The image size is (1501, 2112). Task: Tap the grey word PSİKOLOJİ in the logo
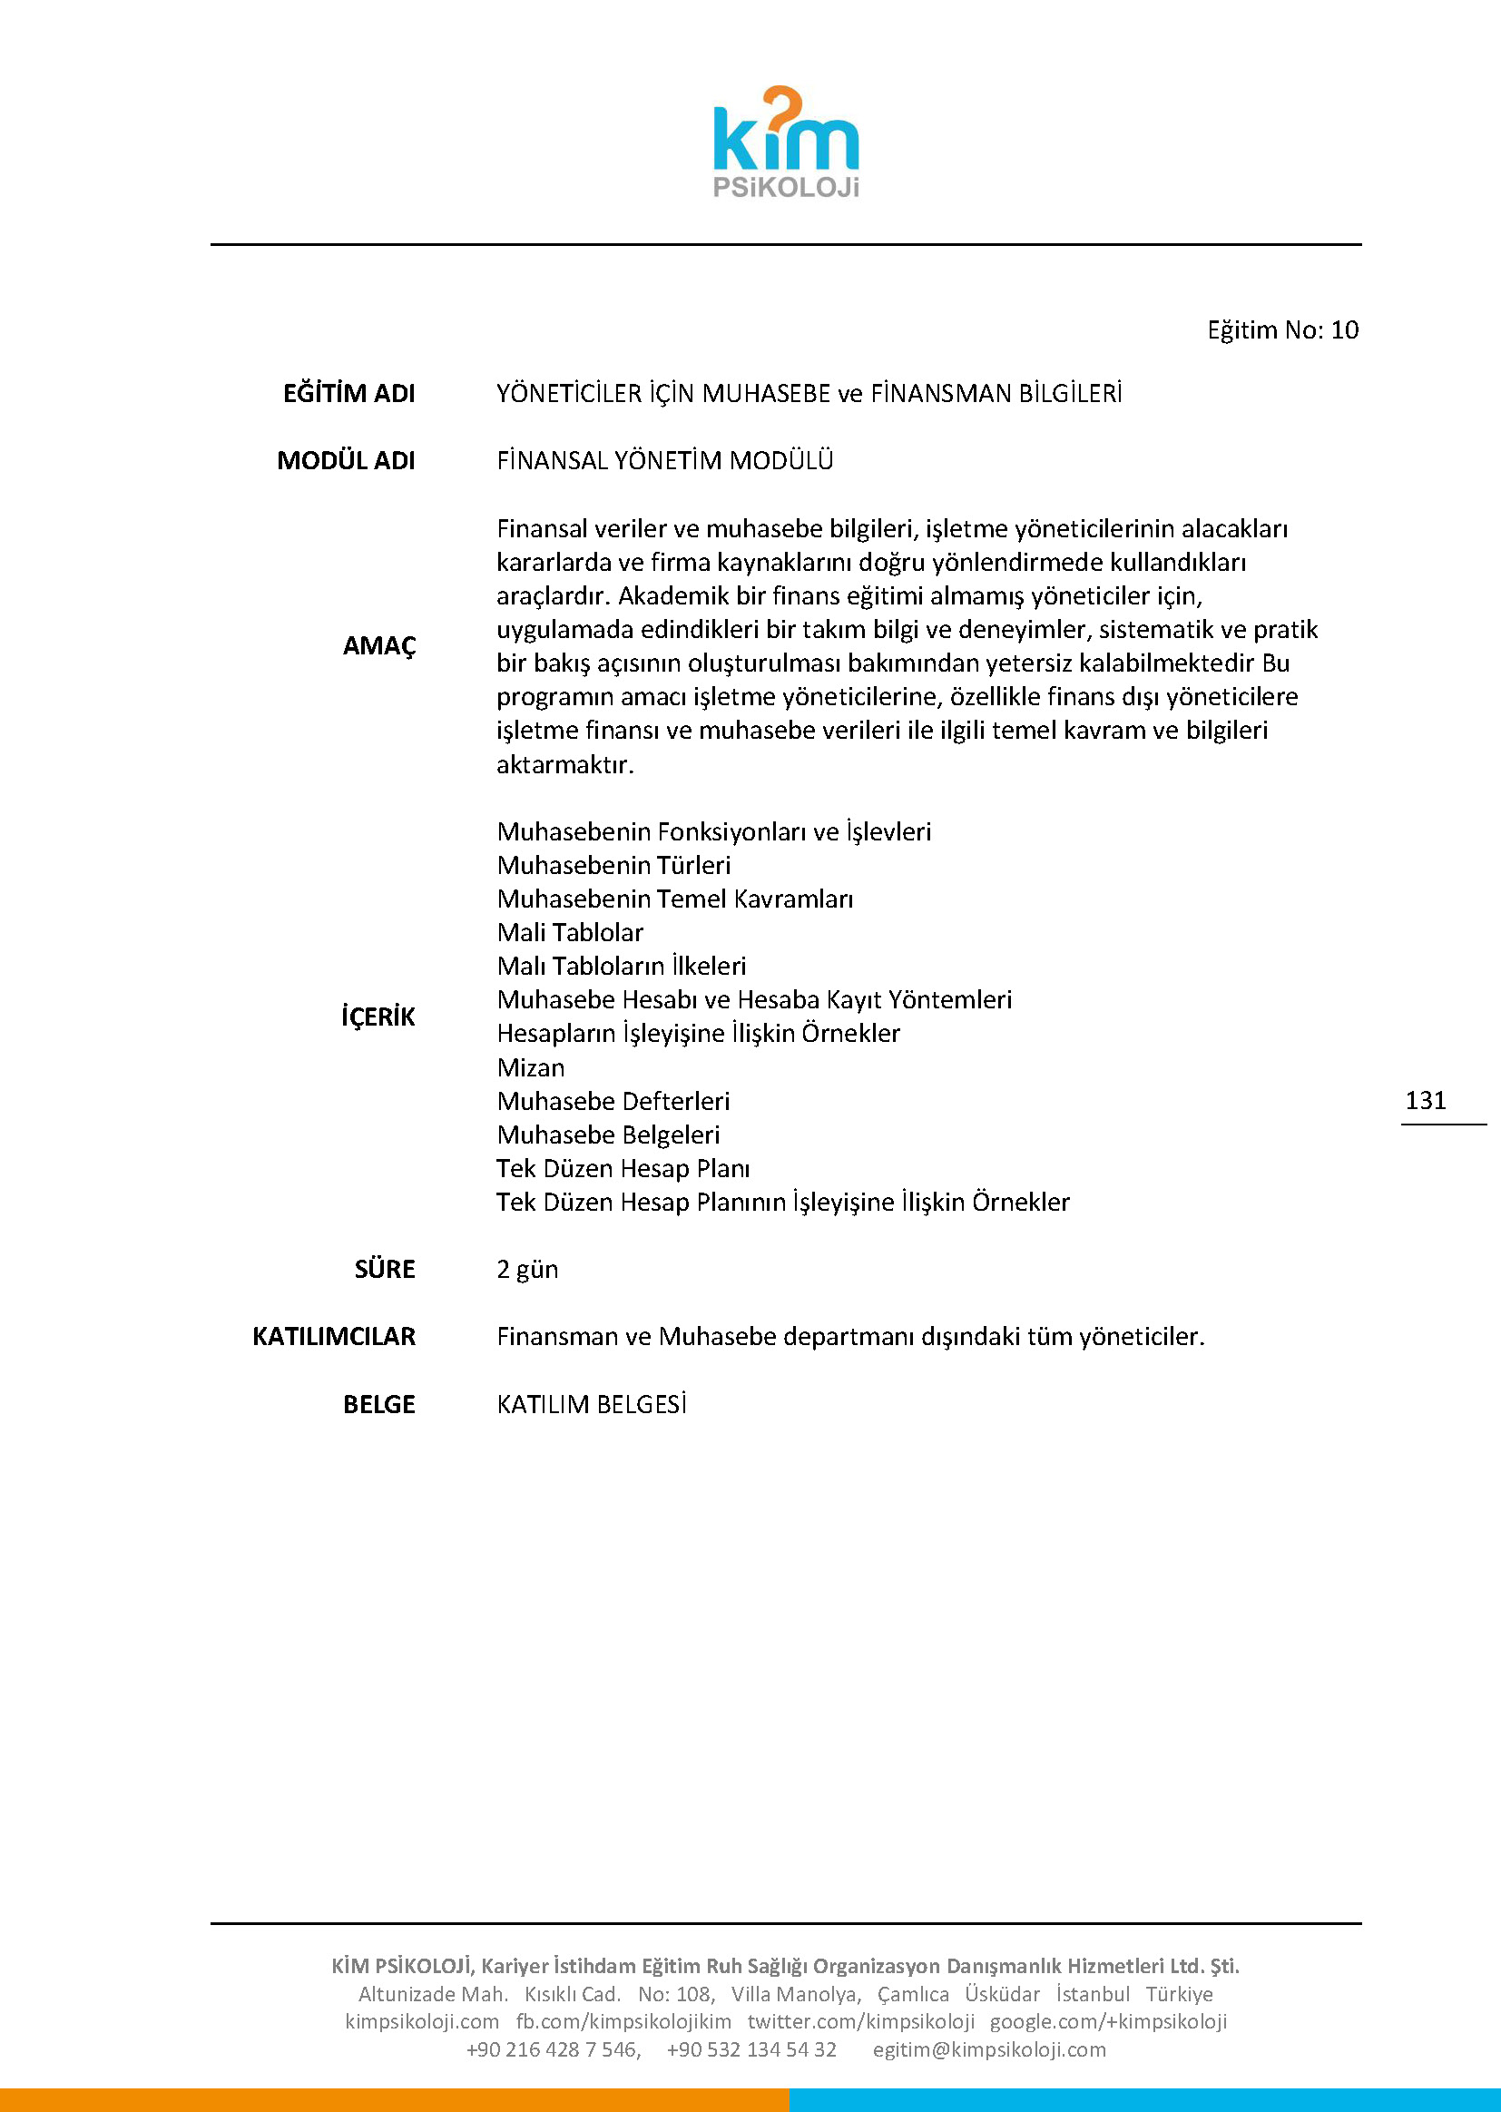tap(786, 188)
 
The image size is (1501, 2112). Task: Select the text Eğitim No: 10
tap(1282, 330)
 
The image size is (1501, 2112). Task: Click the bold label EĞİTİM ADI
tap(348, 394)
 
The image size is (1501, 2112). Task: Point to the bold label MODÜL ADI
tap(346, 460)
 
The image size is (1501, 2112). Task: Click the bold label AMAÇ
tap(379, 645)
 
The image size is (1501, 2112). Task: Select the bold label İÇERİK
tap(378, 1017)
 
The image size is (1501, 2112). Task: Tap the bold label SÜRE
tap(385, 1269)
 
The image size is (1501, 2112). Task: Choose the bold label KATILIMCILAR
tap(334, 1337)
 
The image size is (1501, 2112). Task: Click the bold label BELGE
tap(379, 1404)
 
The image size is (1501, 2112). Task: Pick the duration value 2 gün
tap(527, 1269)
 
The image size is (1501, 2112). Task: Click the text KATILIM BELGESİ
tap(592, 1404)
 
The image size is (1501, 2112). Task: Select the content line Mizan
tap(531, 1067)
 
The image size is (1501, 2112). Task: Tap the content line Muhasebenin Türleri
tap(613, 865)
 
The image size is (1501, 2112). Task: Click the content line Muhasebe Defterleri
tap(613, 1101)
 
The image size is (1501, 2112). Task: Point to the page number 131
tap(1425, 1100)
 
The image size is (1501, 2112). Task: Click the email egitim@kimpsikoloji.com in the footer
tap(989, 2049)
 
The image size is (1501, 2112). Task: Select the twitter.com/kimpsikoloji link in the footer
tap(860, 2021)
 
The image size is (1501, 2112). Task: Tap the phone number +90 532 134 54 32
tap(751, 2049)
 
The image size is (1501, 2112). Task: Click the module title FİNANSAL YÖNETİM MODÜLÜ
tap(664, 460)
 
